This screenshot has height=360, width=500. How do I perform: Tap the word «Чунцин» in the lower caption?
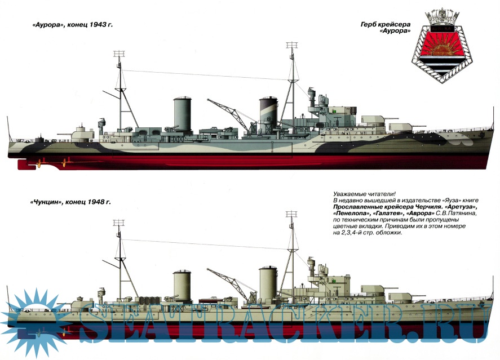46,202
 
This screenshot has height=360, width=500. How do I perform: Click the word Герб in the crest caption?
368,25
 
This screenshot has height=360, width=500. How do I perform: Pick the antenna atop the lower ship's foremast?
291,214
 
